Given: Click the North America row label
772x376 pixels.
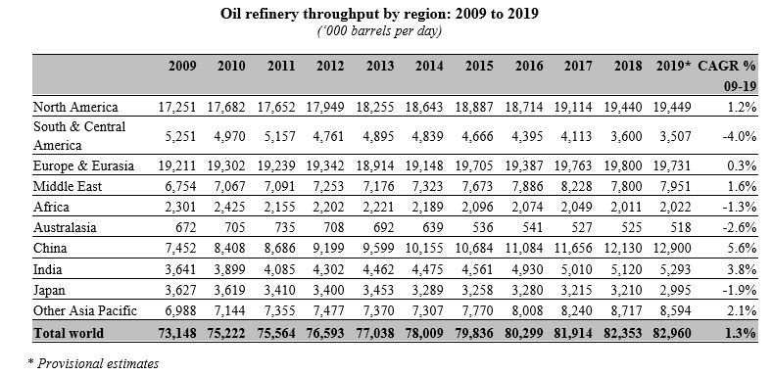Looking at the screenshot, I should [x=75, y=106].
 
